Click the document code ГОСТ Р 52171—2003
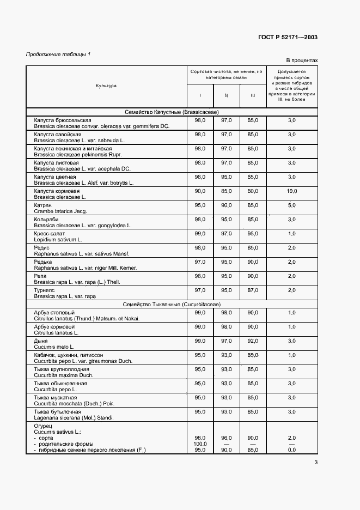coord(288,37)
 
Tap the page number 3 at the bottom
coord(316,463)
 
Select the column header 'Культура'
coord(106,86)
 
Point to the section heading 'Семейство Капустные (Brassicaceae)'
coord(172,112)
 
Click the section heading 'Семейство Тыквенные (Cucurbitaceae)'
coord(172,304)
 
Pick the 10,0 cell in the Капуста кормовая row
coord(291,191)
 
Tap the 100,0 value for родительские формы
coord(200,444)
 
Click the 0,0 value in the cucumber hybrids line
coord(291,450)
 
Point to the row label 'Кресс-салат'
coord(50,234)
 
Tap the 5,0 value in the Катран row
coord(291,205)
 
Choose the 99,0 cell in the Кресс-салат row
coord(200,234)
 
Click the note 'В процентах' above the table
coord(302,60)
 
